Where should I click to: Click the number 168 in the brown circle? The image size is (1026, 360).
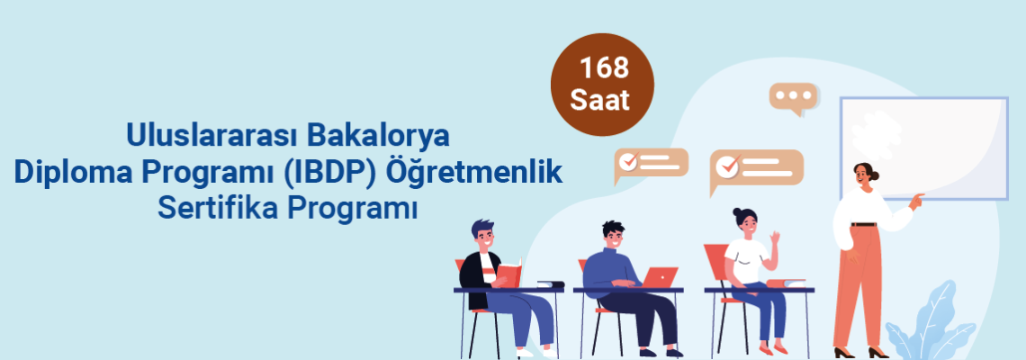tap(603, 68)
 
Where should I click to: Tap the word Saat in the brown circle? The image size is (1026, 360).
tap(600, 100)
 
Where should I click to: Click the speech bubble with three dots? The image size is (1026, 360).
tap(794, 98)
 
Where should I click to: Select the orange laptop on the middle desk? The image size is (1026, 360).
tap(659, 277)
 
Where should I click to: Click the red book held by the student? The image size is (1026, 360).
tap(509, 273)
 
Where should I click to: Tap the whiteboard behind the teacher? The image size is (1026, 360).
tap(924, 148)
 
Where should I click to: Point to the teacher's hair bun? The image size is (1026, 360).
tap(876, 175)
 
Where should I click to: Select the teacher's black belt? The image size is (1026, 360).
tap(864, 224)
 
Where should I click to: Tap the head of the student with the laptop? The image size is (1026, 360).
tap(612, 234)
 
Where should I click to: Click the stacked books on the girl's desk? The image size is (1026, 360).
tap(785, 283)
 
